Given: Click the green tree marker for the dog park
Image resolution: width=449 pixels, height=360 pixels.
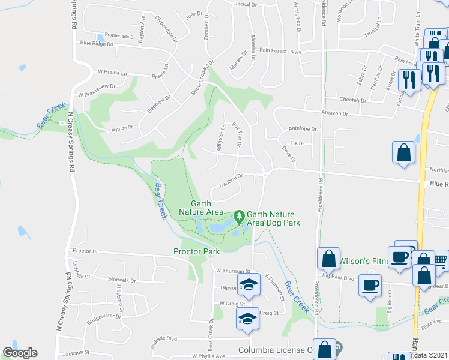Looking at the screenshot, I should coord(239,214).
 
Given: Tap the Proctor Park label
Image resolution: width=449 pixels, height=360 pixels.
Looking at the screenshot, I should coord(197,252).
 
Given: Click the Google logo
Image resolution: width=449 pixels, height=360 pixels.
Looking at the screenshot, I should coord(20,353).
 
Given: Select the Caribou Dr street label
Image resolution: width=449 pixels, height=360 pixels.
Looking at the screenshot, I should coord(231,180).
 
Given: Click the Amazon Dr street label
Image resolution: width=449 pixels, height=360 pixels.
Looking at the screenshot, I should coord(335,113).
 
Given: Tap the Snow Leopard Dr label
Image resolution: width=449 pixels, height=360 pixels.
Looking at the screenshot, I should coord(203,79).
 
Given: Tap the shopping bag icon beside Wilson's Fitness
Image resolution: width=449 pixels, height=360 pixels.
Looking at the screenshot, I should coord(328,259).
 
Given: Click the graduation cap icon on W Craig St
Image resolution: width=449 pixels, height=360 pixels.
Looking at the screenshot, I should coord(247,318).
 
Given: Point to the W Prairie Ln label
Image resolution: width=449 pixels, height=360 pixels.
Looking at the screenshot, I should coord(113,73).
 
